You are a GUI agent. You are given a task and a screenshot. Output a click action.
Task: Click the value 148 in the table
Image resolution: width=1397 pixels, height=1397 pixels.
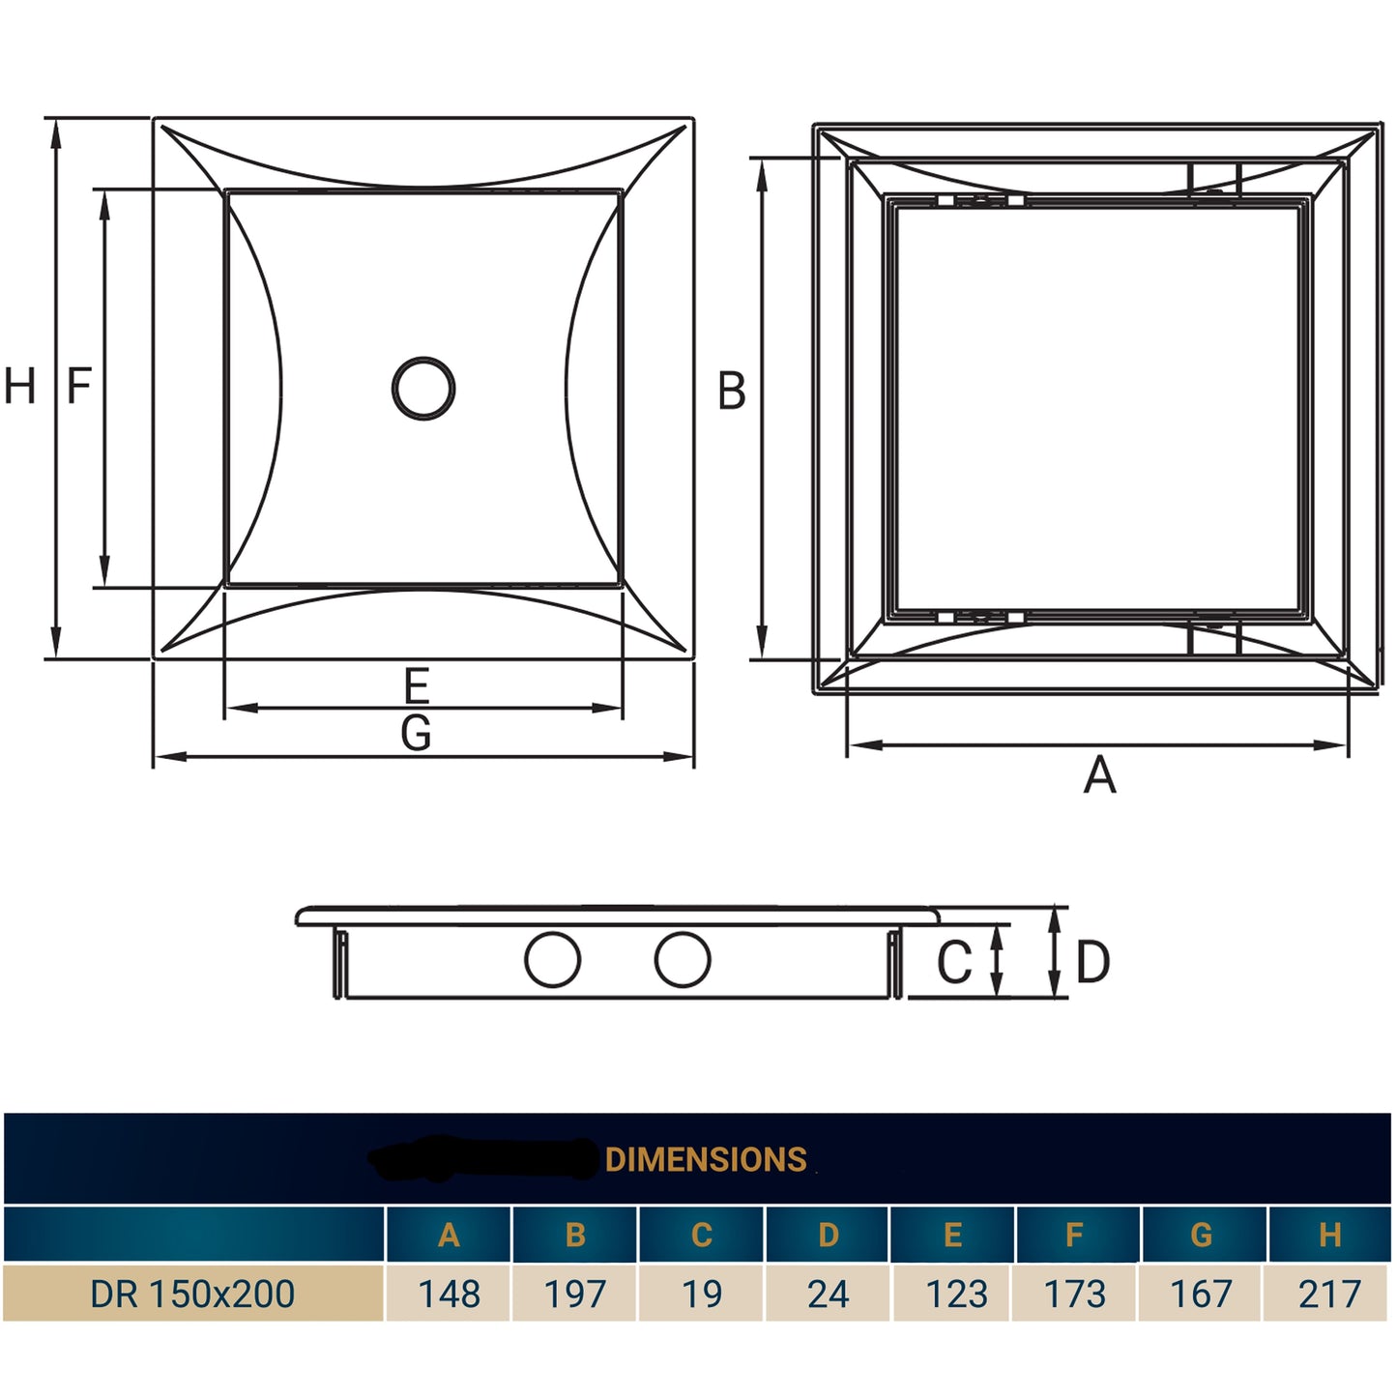pyautogui.click(x=449, y=1294)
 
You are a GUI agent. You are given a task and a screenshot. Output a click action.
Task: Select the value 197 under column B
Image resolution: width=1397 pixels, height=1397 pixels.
pyautogui.click(x=575, y=1294)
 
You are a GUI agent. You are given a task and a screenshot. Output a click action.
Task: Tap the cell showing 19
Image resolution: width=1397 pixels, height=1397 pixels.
pyautogui.click(x=702, y=1294)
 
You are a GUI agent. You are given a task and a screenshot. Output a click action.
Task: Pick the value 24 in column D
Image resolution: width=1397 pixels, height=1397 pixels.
pyautogui.click(x=829, y=1294)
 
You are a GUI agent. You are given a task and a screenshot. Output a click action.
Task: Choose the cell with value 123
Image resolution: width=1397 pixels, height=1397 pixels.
pyautogui.click(x=956, y=1294)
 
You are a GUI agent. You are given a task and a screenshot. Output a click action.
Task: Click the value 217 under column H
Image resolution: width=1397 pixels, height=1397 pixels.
pyautogui.click(x=1329, y=1294)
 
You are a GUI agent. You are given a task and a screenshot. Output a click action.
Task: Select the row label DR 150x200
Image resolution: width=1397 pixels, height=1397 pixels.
pyautogui.click(x=192, y=1294)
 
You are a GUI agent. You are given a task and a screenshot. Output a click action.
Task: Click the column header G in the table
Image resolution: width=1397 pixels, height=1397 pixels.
pyautogui.click(x=1202, y=1235)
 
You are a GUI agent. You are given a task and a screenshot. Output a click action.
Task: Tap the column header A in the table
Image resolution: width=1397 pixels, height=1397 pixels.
pyautogui.click(x=449, y=1235)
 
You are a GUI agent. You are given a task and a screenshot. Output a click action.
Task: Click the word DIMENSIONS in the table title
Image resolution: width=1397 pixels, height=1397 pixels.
pyautogui.click(x=706, y=1159)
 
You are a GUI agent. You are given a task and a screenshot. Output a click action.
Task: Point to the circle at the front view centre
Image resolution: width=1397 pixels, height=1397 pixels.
pyautogui.click(x=423, y=389)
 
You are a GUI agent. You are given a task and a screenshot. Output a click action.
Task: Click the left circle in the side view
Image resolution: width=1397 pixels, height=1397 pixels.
pyautogui.click(x=552, y=960)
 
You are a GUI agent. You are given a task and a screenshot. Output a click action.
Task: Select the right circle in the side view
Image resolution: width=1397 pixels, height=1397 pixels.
pyautogui.click(x=683, y=960)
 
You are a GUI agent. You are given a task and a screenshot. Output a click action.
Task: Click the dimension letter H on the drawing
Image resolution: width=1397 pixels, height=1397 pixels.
pyautogui.click(x=20, y=386)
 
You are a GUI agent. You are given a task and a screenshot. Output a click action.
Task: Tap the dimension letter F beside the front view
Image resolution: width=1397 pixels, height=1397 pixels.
pyautogui.click(x=79, y=386)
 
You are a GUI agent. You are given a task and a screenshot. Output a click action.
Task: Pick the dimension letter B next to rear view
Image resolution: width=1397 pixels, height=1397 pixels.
pyautogui.click(x=732, y=392)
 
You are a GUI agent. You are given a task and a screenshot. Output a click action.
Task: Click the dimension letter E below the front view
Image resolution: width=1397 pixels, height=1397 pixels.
pyautogui.click(x=416, y=686)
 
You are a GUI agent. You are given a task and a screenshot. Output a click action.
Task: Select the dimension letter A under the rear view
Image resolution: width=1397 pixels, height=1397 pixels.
pyautogui.click(x=1099, y=775)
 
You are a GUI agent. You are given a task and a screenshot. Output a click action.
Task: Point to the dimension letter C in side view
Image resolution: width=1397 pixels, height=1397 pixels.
pyautogui.click(x=954, y=962)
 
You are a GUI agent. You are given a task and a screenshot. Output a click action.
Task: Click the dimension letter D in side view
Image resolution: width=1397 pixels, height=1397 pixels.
pyautogui.click(x=1093, y=962)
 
